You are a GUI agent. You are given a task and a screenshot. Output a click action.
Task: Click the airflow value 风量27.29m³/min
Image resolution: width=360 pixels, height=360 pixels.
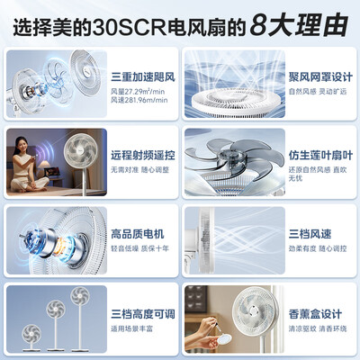[141, 89]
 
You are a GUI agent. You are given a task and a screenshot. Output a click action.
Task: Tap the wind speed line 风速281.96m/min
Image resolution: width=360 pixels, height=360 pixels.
[141, 101]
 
